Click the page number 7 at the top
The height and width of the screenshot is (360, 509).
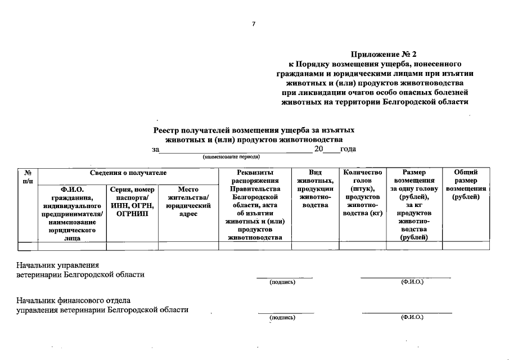tap(254, 24)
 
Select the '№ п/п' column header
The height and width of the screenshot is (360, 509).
tap(28, 176)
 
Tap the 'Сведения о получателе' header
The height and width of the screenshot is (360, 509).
tap(128, 172)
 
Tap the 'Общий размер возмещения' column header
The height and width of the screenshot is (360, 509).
tap(466, 184)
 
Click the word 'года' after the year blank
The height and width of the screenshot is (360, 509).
tap(348, 149)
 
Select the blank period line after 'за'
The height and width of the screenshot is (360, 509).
tap(236, 151)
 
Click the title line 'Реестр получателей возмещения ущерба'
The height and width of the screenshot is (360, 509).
tap(254, 130)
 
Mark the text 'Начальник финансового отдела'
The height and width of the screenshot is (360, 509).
tap(73, 300)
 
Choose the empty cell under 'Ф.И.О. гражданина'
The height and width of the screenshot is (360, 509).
tap(72, 246)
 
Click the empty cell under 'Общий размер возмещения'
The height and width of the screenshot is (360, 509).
tap(466, 246)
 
